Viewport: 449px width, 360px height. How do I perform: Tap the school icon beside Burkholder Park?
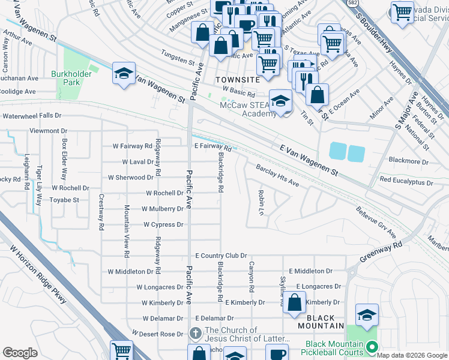124,74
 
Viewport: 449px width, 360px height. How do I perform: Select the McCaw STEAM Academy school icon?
280,101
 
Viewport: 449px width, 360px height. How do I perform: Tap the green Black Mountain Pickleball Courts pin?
372,347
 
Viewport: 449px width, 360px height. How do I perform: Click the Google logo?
20,352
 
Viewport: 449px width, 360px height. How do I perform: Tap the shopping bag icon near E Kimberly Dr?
294,303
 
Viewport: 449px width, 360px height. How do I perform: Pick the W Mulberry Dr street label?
162,209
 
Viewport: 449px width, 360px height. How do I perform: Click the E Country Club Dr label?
221,256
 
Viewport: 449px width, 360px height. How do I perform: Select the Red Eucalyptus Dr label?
406,181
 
